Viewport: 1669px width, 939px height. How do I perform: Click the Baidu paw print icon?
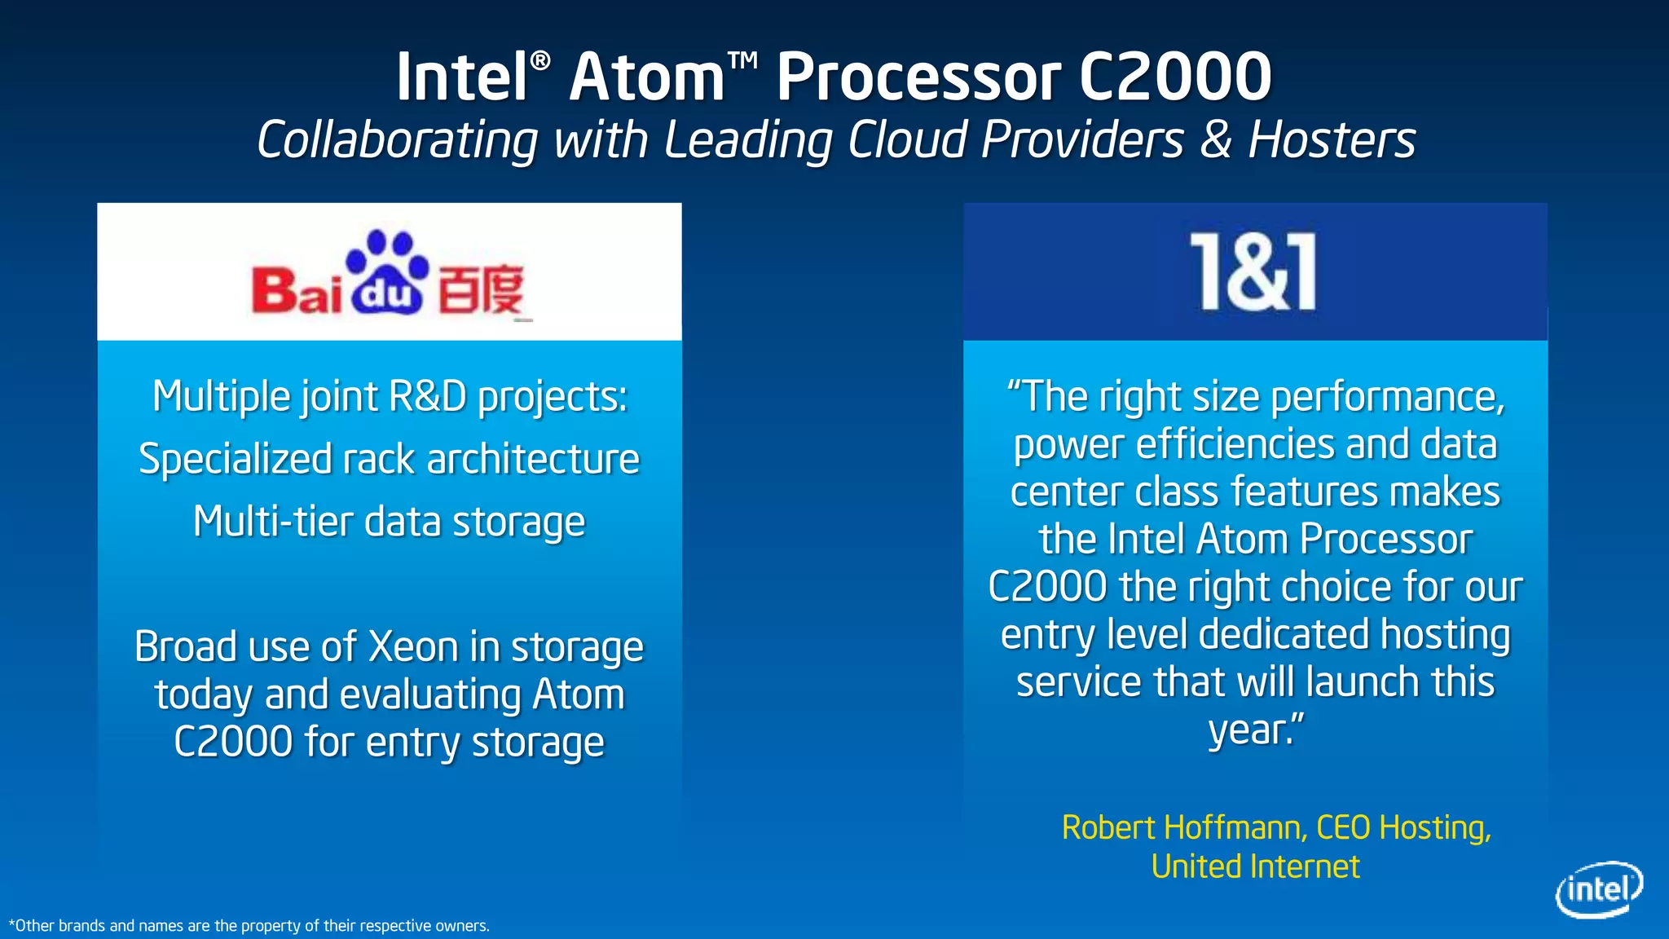point(387,271)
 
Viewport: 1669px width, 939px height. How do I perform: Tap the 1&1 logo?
point(1253,271)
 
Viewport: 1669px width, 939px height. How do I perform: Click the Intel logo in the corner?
point(1598,889)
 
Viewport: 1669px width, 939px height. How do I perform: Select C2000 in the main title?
point(1174,77)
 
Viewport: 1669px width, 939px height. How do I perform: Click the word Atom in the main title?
point(647,77)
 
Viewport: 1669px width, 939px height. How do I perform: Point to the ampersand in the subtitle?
point(1215,139)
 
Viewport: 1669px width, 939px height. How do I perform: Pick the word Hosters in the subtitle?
point(1332,139)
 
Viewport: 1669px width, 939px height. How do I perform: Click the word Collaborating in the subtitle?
point(397,139)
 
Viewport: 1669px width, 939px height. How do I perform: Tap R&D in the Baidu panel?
point(428,397)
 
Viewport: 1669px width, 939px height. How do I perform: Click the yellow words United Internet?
point(1255,866)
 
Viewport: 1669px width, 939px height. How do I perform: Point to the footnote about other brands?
point(249,926)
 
